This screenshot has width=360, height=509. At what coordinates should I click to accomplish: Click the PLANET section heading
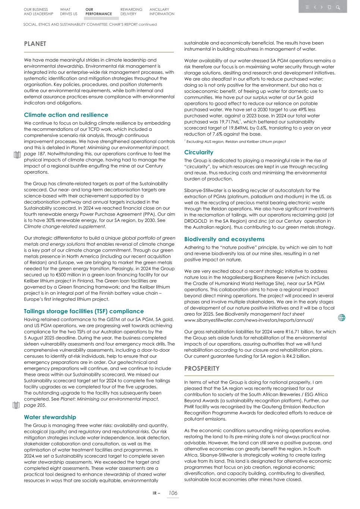coord(35,44)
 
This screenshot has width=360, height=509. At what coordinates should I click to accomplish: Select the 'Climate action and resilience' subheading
coord(66,115)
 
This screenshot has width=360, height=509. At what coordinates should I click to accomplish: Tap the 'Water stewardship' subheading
coord(50,417)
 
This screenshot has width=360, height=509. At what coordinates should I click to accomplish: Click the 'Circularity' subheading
coord(199,152)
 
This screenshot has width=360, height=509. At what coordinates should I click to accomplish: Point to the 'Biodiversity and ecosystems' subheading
coord(224,239)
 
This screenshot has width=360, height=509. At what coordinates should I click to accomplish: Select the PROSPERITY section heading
coord(202,368)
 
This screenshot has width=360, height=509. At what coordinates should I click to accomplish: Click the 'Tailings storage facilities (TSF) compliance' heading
coord(84,311)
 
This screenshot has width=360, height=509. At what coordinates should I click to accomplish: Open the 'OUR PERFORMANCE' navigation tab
coord(98,12)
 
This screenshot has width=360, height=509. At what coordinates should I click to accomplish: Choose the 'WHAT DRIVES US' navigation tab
coord(69,12)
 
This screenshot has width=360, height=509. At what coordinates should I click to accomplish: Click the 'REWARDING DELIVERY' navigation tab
coord(131,12)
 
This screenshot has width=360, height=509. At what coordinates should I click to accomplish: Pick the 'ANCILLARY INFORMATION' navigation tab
coord(162,12)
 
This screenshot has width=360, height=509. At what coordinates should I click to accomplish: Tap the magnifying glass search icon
coord(338,7)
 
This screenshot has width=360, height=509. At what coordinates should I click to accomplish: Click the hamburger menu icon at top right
coord(307,7)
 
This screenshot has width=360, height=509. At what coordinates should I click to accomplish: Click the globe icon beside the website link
coord(341,318)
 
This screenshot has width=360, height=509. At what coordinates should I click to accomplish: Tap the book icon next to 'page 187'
coord(16,155)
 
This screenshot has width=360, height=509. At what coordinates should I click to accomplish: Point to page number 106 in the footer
coord(173,493)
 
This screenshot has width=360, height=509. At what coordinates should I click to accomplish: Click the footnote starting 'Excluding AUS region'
coord(236,142)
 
